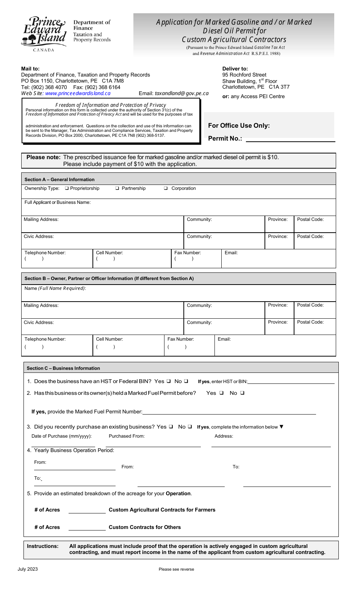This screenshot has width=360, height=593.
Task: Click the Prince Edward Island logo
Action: point(44,33)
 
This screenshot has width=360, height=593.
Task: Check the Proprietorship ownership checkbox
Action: point(67,188)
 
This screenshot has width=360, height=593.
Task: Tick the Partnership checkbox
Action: point(117,188)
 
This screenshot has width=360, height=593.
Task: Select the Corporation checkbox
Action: point(166,188)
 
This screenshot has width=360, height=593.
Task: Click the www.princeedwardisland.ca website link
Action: point(78,93)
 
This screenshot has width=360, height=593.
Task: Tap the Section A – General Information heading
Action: point(59,180)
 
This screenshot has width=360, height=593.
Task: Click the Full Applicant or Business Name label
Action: point(58,202)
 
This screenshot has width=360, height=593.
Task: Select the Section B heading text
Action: point(109,279)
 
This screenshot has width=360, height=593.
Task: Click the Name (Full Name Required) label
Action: point(55,288)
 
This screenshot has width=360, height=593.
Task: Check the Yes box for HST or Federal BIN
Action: point(169,381)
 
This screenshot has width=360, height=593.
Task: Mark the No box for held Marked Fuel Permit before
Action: point(242,393)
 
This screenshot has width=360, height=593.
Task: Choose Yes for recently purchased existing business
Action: point(171,427)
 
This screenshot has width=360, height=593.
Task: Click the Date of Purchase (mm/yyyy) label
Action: point(61,436)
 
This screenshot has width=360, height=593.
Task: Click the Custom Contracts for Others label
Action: point(145,527)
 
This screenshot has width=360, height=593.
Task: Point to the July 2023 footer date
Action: point(28,569)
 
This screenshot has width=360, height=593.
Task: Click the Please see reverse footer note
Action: point(176,569)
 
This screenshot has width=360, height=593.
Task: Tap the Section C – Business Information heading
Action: point(63,368)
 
